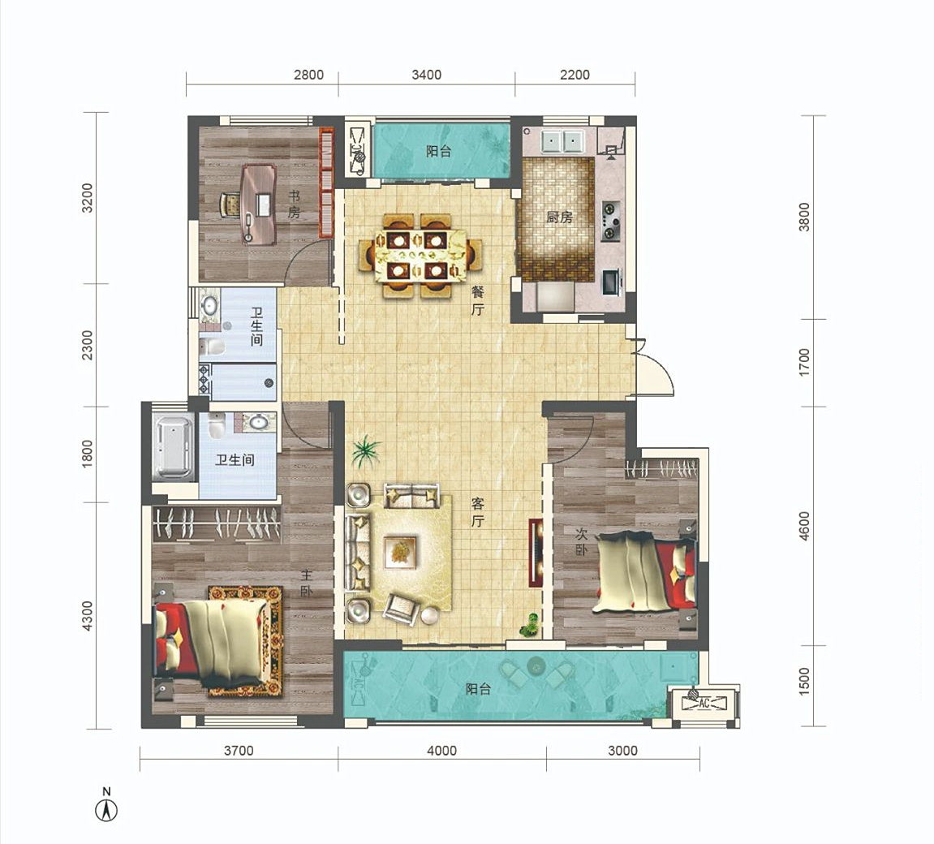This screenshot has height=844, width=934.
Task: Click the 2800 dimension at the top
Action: pos(308,75)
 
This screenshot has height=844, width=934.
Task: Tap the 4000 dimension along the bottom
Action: pos(442,751)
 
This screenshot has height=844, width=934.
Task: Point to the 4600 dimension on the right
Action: pos(805,526)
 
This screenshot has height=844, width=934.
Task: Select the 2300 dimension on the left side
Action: pos(88,345)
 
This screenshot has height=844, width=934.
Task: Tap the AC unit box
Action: pos(704,704)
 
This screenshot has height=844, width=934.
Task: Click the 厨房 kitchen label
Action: pos(559,217)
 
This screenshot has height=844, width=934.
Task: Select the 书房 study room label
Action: pos(295,205)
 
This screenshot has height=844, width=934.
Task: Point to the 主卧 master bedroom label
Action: pos(306,583)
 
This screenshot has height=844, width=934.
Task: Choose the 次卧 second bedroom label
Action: pos(581,541)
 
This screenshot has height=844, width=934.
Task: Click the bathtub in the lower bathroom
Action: pos(174,446)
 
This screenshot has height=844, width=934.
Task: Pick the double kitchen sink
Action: pos(562,142)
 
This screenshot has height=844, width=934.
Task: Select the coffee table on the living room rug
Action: pos(400,553)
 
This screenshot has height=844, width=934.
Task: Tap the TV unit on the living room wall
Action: pos(536,553)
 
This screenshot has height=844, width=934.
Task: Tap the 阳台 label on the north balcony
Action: pos(438,151)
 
